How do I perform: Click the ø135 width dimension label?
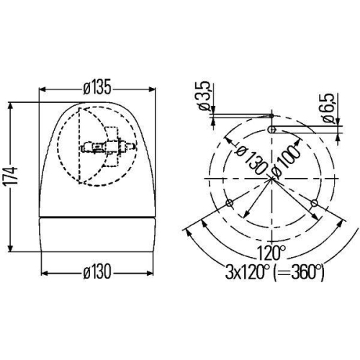(x=97, y=88)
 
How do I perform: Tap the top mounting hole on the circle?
(x=272, y=129)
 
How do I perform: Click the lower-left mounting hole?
(x=229, y=203)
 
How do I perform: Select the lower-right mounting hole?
(x=315, y=203)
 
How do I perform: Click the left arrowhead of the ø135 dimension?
(x=41, y=89)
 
